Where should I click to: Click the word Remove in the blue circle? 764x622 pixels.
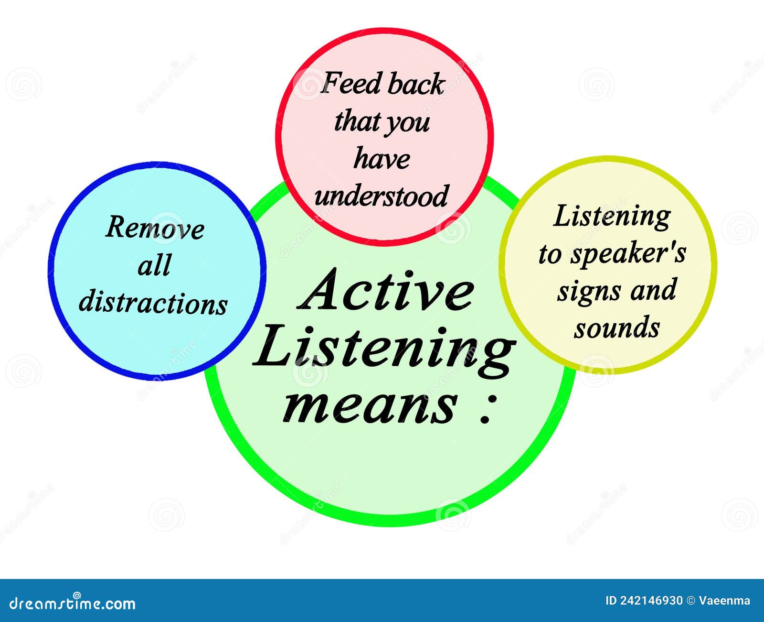click(155, 228)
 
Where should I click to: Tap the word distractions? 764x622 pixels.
click(153, 303)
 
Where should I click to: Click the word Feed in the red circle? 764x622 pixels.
click(351, 84)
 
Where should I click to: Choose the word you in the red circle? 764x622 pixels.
click(409, 123)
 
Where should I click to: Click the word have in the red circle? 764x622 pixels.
click(382, 159)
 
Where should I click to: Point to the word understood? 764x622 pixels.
click(382, 196)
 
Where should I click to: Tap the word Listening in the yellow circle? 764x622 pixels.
click(613, 217)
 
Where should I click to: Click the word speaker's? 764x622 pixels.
click(629, 254)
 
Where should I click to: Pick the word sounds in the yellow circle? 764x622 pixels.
click(617, 328)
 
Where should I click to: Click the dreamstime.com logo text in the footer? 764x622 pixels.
click(73, 603)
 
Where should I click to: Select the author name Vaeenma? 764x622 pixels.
click(724, 601)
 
